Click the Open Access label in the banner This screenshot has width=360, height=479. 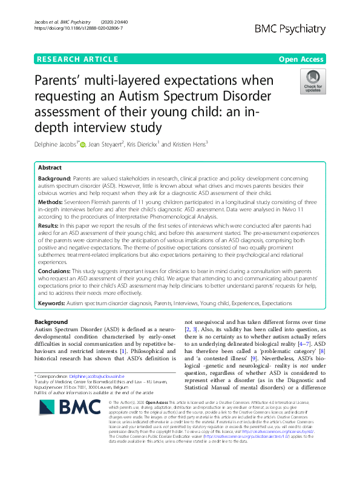[302, 59]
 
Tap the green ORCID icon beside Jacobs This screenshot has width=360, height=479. [83, 143]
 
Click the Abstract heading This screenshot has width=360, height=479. [50, 167]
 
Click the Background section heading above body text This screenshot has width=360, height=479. [51, 321]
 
